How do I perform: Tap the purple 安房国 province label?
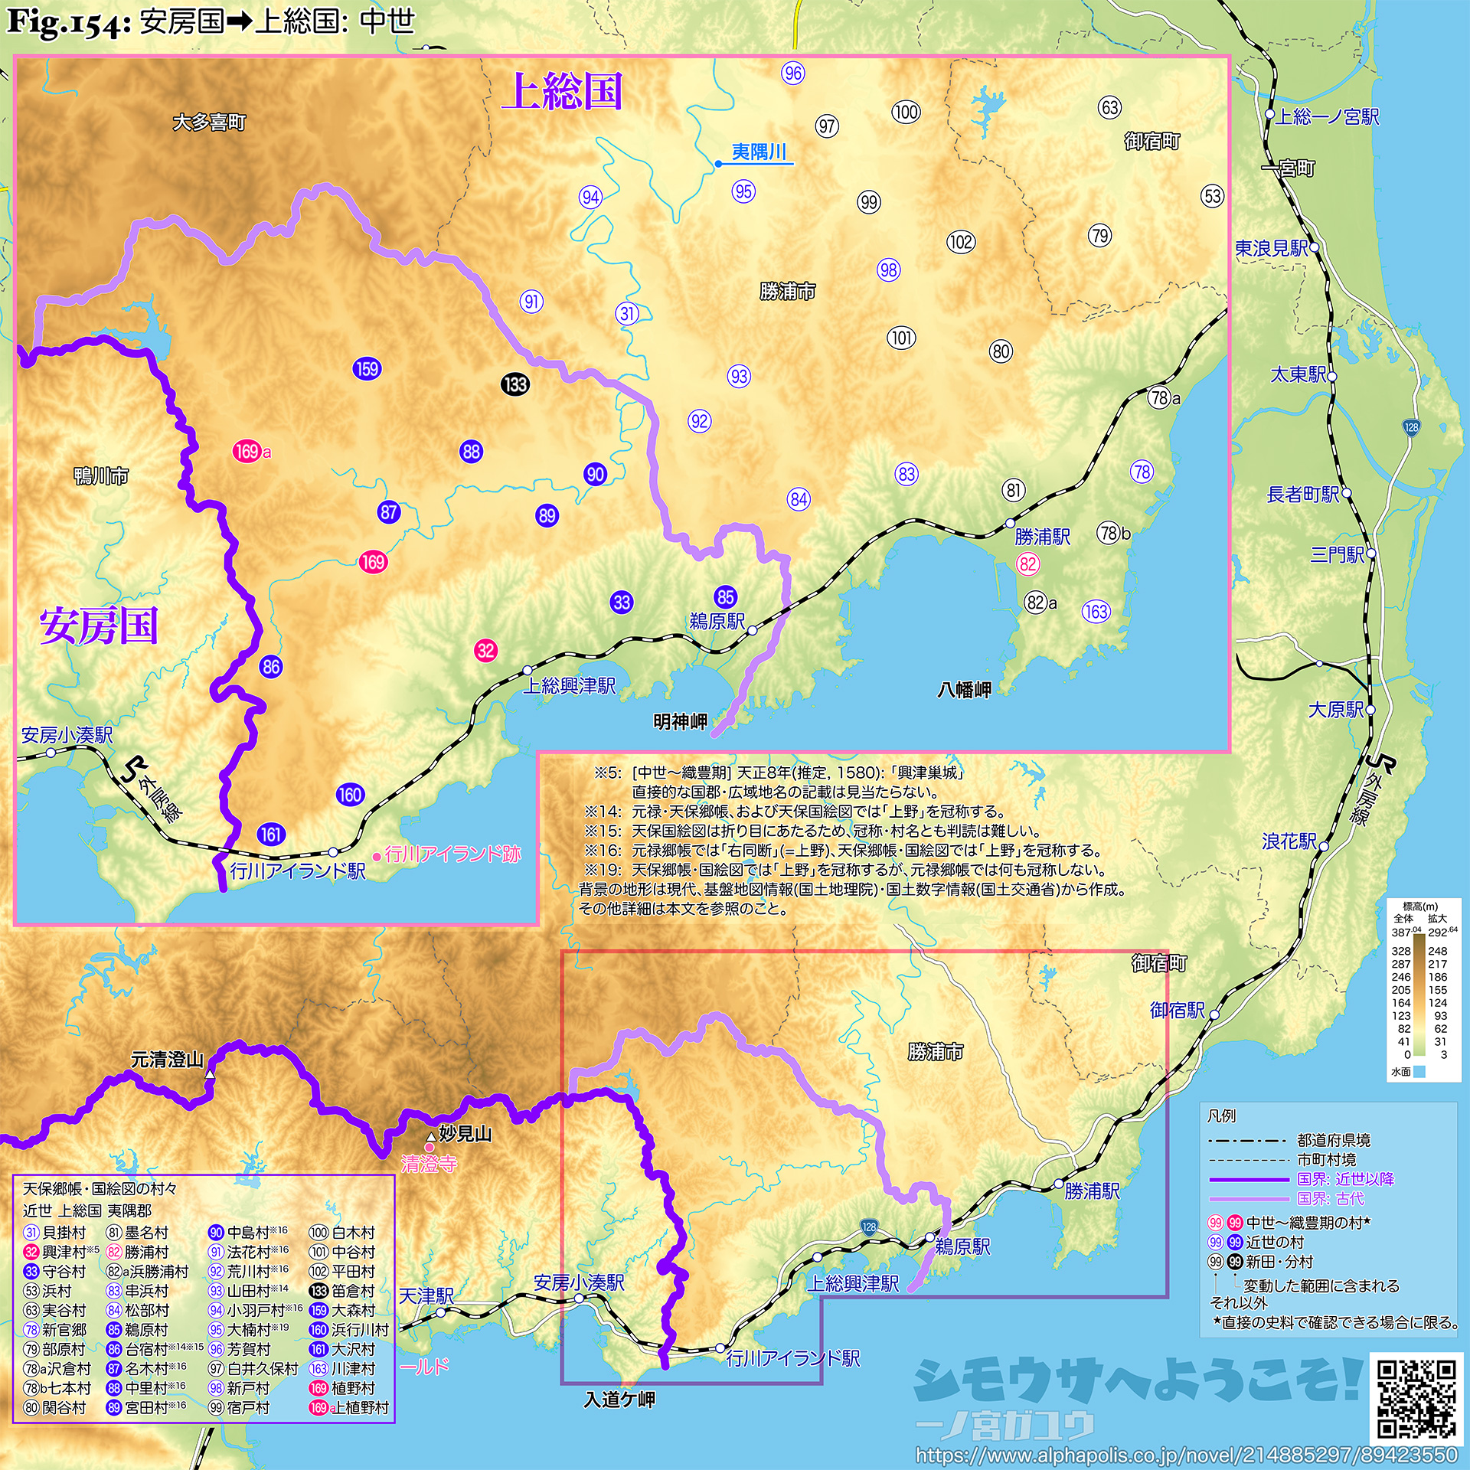click(99, 626)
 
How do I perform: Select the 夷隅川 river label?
click(759, 152)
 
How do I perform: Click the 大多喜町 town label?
click(209, 122)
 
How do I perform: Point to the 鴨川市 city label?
click(101, 476)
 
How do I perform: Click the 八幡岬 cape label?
click(964, 690)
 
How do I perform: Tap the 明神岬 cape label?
click(680, 721)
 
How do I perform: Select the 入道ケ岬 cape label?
click(619, 1400)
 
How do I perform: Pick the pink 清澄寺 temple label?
click(429, 1165)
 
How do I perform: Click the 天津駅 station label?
click(426, 1295)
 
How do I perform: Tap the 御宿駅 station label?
click(1177, 1011)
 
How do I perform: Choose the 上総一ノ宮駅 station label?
click(1327, 116)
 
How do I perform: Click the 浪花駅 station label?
click(1289, 841)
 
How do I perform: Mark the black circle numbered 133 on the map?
click(515, 384)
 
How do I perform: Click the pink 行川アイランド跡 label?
click(452, 854)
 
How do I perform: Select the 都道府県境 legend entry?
click(1333, 1141)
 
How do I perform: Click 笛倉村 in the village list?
click(353, 1291)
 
